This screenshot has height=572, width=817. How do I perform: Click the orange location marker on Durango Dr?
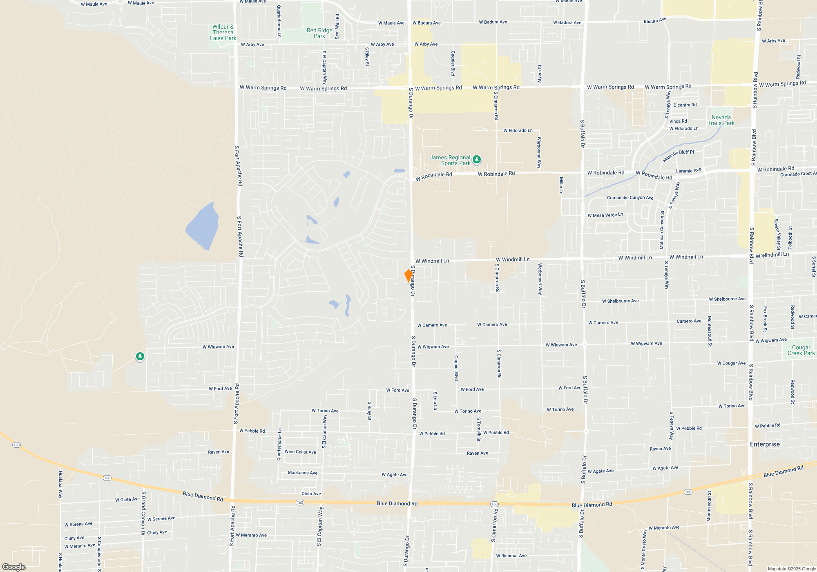point(408,276)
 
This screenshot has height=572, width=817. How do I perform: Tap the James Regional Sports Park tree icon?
point(476,160)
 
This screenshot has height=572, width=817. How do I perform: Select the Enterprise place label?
point(765,444)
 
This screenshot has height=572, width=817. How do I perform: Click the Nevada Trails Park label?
point(721,120)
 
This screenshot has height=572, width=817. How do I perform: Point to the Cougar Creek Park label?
point(801,350)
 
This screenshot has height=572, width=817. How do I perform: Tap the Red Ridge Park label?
point(319,33)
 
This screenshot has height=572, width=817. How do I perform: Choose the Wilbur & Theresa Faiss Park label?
point(223,32)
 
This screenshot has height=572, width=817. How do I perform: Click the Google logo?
point(13,567)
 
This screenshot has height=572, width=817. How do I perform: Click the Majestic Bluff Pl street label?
point(678,155)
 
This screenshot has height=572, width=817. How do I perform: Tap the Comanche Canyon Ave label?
point(630,198)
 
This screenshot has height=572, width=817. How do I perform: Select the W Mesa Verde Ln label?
point(605,215)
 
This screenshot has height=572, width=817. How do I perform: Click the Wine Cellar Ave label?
point(300,452)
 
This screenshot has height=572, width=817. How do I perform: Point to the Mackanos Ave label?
point(302,473)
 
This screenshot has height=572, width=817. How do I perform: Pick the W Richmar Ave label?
point(511,556)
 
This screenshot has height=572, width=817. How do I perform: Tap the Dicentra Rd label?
point(685,105)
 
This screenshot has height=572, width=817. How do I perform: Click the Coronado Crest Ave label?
point(798,174)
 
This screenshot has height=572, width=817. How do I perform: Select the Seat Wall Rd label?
point(337,27)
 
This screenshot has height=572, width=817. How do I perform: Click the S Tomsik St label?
point(479,429)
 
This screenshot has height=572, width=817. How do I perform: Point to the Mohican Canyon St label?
point(662,230)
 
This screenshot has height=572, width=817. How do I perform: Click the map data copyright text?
point(792,569)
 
